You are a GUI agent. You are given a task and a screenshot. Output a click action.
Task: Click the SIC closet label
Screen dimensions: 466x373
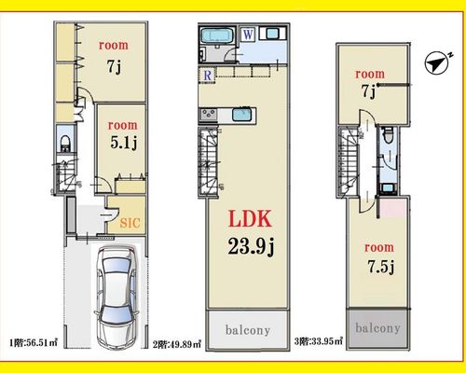(x=130, y=223)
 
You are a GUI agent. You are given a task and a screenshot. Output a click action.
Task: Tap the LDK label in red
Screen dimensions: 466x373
(x=250, y=218)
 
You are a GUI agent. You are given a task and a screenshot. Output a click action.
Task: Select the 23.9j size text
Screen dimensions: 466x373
(x=251, y=244)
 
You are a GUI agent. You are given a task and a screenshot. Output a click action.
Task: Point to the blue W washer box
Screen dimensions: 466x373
(x=248, y=35)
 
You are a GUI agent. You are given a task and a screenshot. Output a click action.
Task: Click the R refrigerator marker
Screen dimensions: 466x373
(x=208, y=75)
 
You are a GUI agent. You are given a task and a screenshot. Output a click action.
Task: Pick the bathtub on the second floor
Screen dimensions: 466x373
(x=217, y=35)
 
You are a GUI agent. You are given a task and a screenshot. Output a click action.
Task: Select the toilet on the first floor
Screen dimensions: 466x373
(x=65, y=143)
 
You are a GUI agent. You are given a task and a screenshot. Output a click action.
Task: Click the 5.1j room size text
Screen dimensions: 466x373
(x=124, y=143)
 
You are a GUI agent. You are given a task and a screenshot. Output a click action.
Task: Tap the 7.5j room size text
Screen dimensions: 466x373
(x=381, y=267)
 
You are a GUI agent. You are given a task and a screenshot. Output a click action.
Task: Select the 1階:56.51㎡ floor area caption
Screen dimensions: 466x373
(x=34, y=343)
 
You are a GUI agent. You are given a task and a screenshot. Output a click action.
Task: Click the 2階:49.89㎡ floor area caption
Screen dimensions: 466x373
(x=177, y=344)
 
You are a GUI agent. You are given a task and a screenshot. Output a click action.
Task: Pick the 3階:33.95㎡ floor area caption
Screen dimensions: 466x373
(x=319, y=341)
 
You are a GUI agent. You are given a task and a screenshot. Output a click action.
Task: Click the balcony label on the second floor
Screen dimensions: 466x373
(x=248, y=330)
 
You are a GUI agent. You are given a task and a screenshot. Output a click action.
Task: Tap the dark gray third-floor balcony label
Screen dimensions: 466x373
(x=377, y=328)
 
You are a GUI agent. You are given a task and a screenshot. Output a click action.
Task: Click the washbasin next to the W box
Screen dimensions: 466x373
(x=271, y=34)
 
